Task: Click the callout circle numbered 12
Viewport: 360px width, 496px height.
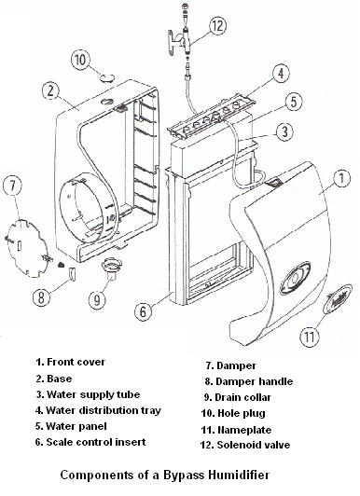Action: point(216,26)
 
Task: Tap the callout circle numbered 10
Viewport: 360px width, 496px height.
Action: point(80,60)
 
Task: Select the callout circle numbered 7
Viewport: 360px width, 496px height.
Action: point(12,186)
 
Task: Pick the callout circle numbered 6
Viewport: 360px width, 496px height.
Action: point(143,311)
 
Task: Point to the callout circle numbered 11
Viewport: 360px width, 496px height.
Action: point(310,337)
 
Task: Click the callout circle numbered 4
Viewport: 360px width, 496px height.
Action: point(281,74)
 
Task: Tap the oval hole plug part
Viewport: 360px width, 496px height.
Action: point(107,76)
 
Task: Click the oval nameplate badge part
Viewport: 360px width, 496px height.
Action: point(338,298)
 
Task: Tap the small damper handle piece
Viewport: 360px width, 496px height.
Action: point(72,273)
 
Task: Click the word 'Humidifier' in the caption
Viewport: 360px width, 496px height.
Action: point(239,475)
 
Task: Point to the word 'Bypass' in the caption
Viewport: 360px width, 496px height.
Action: point(184,475)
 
